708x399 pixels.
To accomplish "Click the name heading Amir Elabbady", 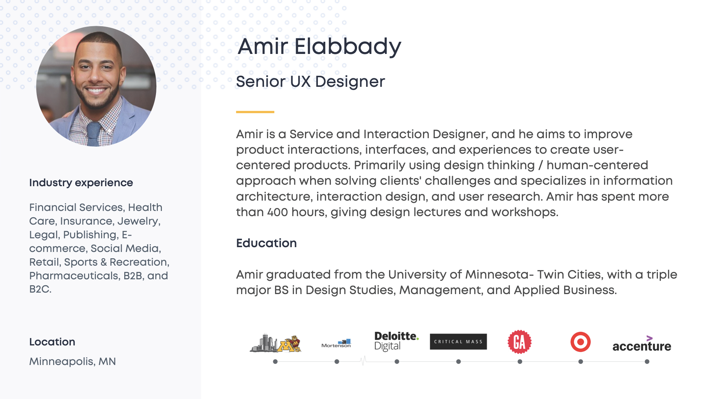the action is tap(319, 47).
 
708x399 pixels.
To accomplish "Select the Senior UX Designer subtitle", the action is tap(310, 82).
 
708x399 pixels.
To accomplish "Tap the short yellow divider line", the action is tap(255, 112).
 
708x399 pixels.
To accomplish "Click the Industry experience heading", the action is tap(81, 183).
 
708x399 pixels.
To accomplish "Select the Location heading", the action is tap(52, 342).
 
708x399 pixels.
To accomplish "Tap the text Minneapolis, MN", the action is tap(73, 361).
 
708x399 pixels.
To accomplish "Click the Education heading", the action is tap(266, 243).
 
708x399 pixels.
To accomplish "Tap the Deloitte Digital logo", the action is tap(396, 341).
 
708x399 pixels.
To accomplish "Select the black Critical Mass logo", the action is tap(458, 342).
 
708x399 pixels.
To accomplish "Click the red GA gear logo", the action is tap(520, 342).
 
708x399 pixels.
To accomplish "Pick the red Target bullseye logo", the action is tap(580, 342).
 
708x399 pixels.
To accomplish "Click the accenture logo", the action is tap(642, 344).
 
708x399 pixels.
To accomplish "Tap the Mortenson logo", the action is tap(336, 344).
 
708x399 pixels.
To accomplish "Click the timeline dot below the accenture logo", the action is tap(647, 362).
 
